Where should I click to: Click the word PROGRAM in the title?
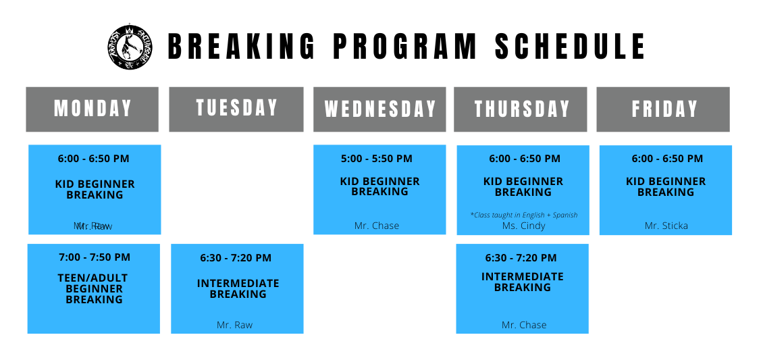[405, 47]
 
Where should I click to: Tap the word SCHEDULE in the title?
[571, 47]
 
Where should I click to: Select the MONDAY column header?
[93, 109]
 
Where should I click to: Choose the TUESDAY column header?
[236, 108]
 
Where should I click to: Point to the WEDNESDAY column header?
[379, 109]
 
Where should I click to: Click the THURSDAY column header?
[522, 109]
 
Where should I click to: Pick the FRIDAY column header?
[664, 109]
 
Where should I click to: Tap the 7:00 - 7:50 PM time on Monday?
[94, 257]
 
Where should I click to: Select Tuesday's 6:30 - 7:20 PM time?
[236, 258]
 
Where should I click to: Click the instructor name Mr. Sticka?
[666, 226]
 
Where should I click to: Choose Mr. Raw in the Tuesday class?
[234, 325]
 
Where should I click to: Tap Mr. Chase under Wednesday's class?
[377, 226]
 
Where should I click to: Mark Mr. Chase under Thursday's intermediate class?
[524, 325]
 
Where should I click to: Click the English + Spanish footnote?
[524, 215]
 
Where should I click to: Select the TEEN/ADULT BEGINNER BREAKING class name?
[94, 288]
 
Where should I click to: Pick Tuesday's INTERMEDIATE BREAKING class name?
[238, 288]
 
